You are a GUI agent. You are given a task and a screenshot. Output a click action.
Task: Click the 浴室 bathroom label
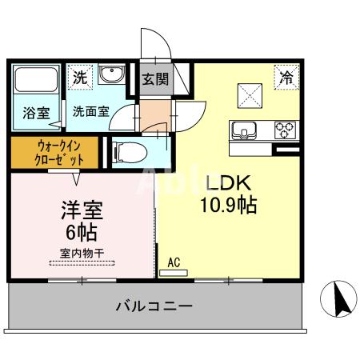36,112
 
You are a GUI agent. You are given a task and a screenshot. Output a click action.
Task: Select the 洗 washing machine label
79,78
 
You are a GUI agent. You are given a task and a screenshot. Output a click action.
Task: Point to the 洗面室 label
89,112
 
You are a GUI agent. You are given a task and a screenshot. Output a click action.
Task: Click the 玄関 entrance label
156,79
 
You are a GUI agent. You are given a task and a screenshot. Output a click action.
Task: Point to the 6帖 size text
81,235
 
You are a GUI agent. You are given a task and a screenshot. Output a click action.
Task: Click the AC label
174,262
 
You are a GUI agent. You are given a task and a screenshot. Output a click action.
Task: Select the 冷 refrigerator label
286,78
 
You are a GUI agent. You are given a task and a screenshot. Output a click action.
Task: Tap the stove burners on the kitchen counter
285,129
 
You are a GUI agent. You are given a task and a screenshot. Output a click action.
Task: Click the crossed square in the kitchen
250,94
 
